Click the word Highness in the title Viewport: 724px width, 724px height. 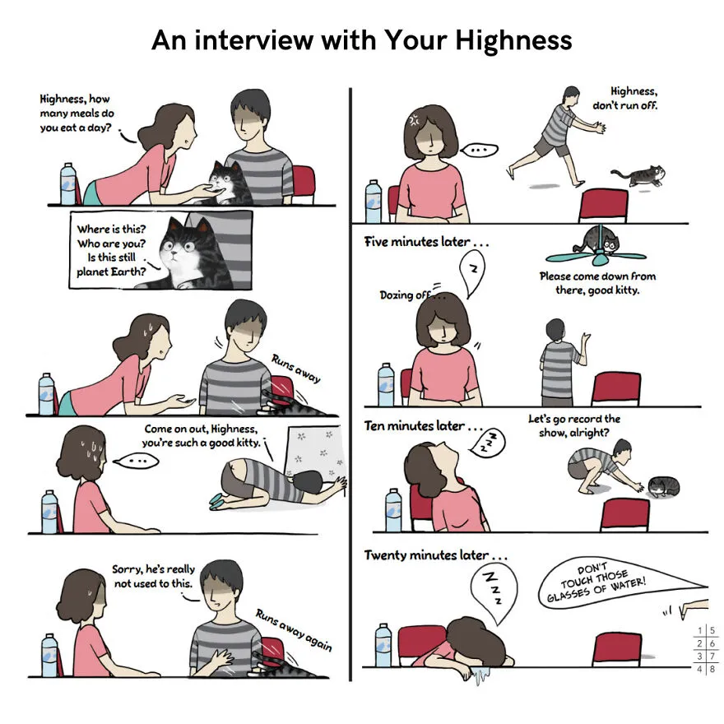[x=513, y=40]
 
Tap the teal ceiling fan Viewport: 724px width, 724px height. [x=596, y=254]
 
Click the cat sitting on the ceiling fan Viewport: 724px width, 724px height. [x=599, y=240]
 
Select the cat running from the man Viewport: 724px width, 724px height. [x=639, y=175]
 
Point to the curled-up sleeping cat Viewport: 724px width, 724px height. [x=663, y=487]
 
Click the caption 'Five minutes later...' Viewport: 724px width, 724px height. [x=426, y=242]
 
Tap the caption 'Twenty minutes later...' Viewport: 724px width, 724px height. [x=435, y=555]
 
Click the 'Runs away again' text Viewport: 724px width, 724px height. [x=295, y=630]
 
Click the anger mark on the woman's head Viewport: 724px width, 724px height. [x=413, y=119]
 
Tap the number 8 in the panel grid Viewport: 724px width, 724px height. [x=712, y=668]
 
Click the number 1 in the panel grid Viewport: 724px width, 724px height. [x=700, y=630]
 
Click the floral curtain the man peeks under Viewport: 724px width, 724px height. [x=315, y=452]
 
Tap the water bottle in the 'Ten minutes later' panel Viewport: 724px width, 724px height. [x=393, y=510]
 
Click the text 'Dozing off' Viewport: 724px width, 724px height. [x=405, y=295]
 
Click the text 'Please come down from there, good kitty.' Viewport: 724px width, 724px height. [x=597, y=282]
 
